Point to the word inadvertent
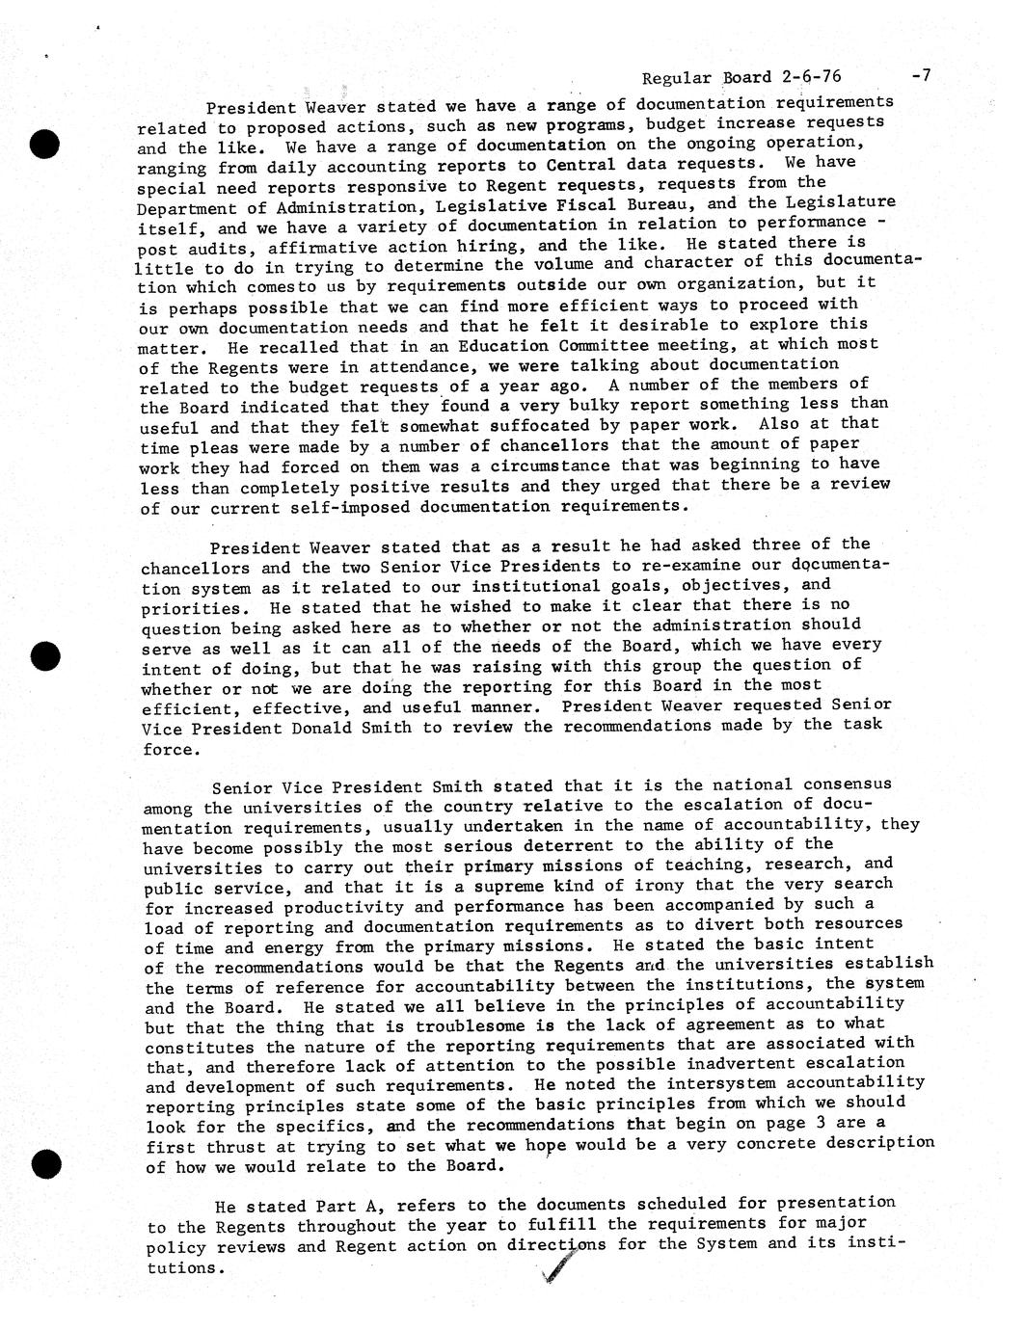click(721, 1064)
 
